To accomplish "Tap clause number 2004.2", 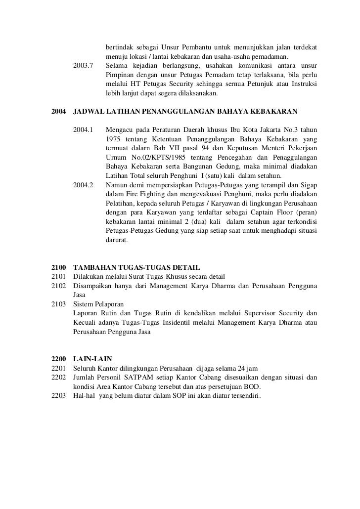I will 83,185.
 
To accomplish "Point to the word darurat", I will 117,241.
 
